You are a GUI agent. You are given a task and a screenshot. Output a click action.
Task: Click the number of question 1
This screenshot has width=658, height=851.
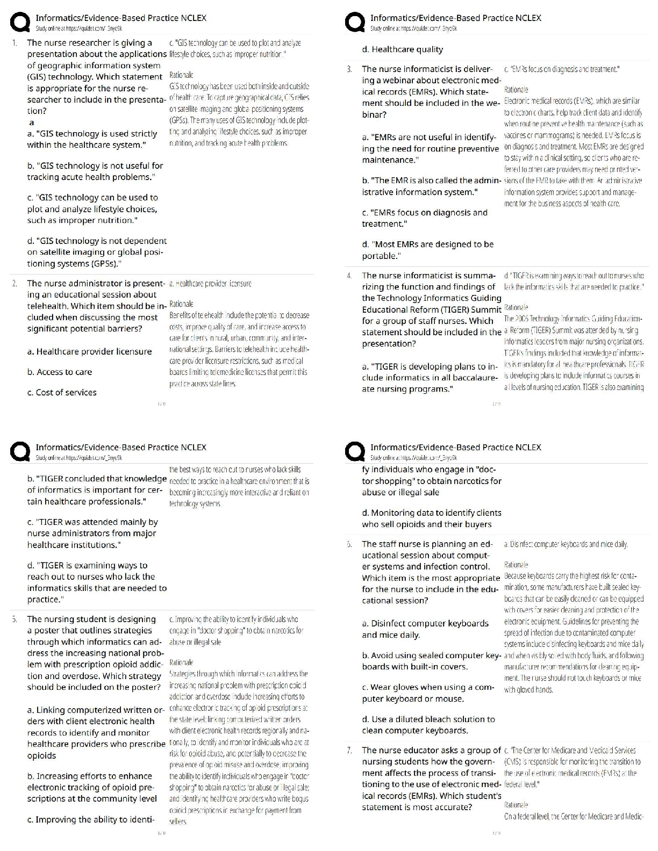tap(15, 43)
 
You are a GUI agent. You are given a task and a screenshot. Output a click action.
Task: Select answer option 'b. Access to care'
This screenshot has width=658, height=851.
tap(60, 372)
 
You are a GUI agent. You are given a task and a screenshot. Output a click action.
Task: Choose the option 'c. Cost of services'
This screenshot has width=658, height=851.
tap(62, 392)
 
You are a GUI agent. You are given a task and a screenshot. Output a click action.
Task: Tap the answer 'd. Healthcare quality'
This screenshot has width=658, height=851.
tap(403, 49)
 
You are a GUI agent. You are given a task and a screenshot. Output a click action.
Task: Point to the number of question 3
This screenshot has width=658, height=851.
tap(349, 69)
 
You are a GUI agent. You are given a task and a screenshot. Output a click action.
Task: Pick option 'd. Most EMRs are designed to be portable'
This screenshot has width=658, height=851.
tap(427, 250)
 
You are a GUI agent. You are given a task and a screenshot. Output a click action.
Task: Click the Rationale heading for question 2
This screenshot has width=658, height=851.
tap(181, 304)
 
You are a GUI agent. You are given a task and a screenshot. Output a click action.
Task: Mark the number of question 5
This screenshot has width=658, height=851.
tap(15, 619)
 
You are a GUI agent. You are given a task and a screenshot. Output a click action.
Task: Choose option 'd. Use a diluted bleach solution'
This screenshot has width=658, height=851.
tap(428, 725)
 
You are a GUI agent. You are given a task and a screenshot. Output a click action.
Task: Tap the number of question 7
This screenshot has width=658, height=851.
tap(349, 751)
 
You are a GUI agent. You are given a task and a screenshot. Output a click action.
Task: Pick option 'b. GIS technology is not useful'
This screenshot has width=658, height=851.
tap(95, 171)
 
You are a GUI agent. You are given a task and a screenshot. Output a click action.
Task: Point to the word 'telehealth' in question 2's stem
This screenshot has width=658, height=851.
tap(48, 306)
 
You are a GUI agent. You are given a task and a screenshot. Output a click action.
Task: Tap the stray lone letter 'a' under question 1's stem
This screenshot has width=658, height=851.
tap(31, 123)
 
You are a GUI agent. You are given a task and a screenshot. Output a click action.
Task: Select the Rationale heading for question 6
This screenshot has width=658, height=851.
tap(516, 565)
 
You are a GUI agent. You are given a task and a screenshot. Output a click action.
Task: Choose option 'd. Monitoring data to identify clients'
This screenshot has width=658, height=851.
tap(431, 518)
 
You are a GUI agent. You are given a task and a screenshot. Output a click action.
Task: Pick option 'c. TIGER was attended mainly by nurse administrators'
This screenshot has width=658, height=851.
tap(92, 533)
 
